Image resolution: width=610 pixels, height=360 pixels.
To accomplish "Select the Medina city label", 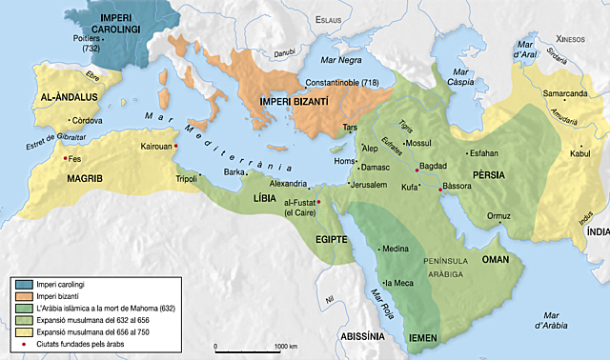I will (x=395, y=250).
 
